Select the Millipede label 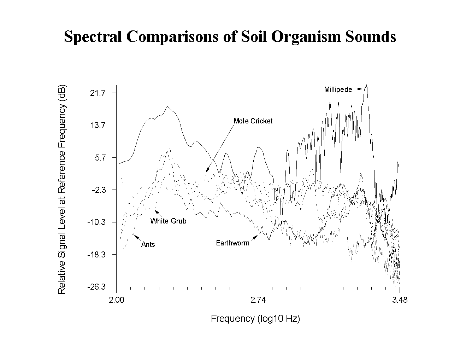click(x=338, y=89)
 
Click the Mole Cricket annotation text click(x=253, y=121)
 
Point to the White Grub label click(x=168, y=221)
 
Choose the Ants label click(x=148, y=244)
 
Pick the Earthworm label click(x=232, y=243)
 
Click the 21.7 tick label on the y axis click(x=98, y=93)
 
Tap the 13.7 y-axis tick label click(x=98, y=125)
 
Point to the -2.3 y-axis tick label click(x=99, y=190)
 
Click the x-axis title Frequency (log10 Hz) click(x=255, y=318)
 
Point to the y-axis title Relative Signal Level click(x=61, y=189)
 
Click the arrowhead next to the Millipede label click(x=360, y=89)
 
